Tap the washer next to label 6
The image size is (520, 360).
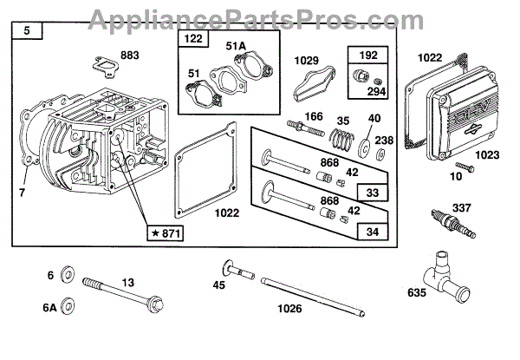pos(71,276)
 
